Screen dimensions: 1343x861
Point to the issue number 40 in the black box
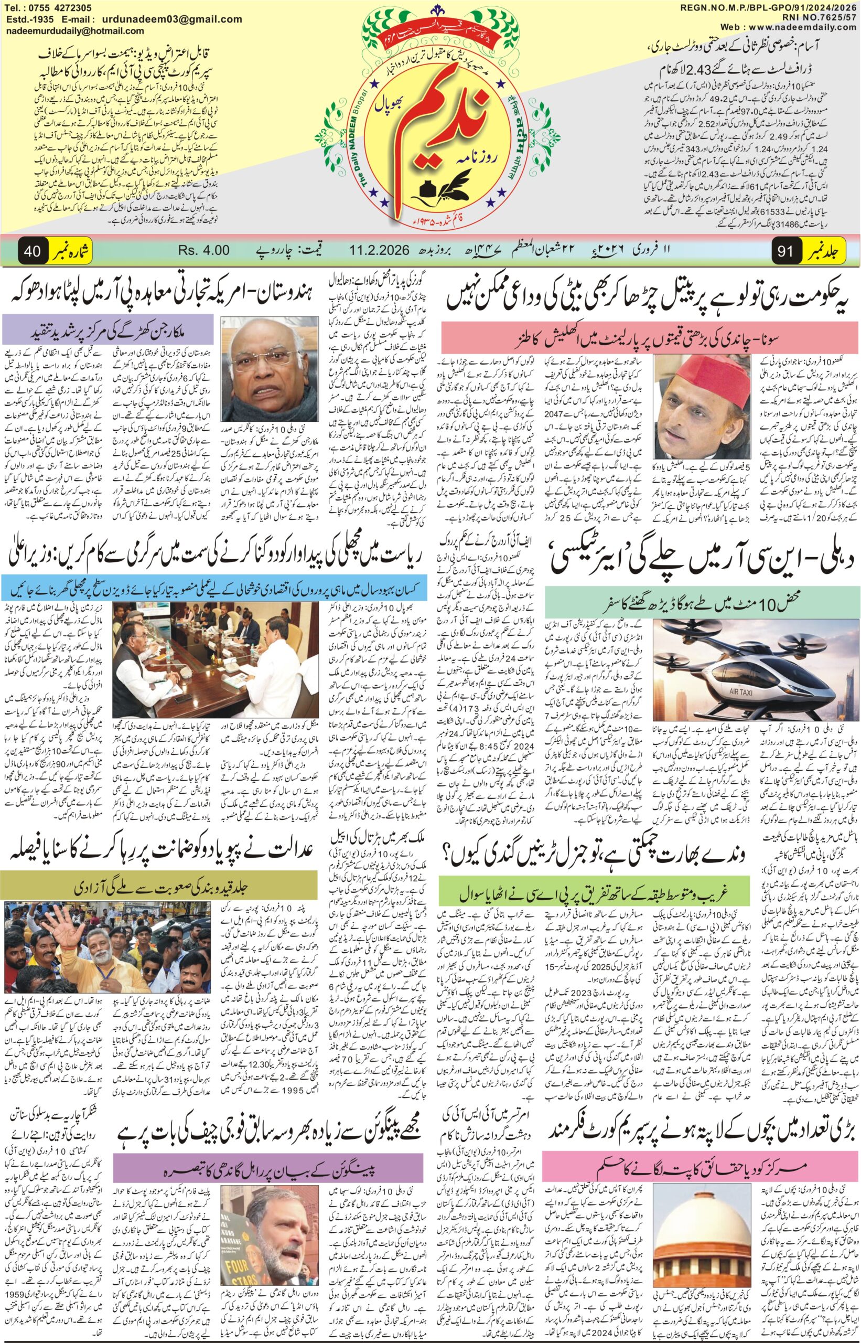[32, 251]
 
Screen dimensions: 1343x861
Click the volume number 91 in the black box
[785, 251]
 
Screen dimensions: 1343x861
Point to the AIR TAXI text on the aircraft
[742, 692]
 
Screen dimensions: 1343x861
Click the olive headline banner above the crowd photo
[159, 886]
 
